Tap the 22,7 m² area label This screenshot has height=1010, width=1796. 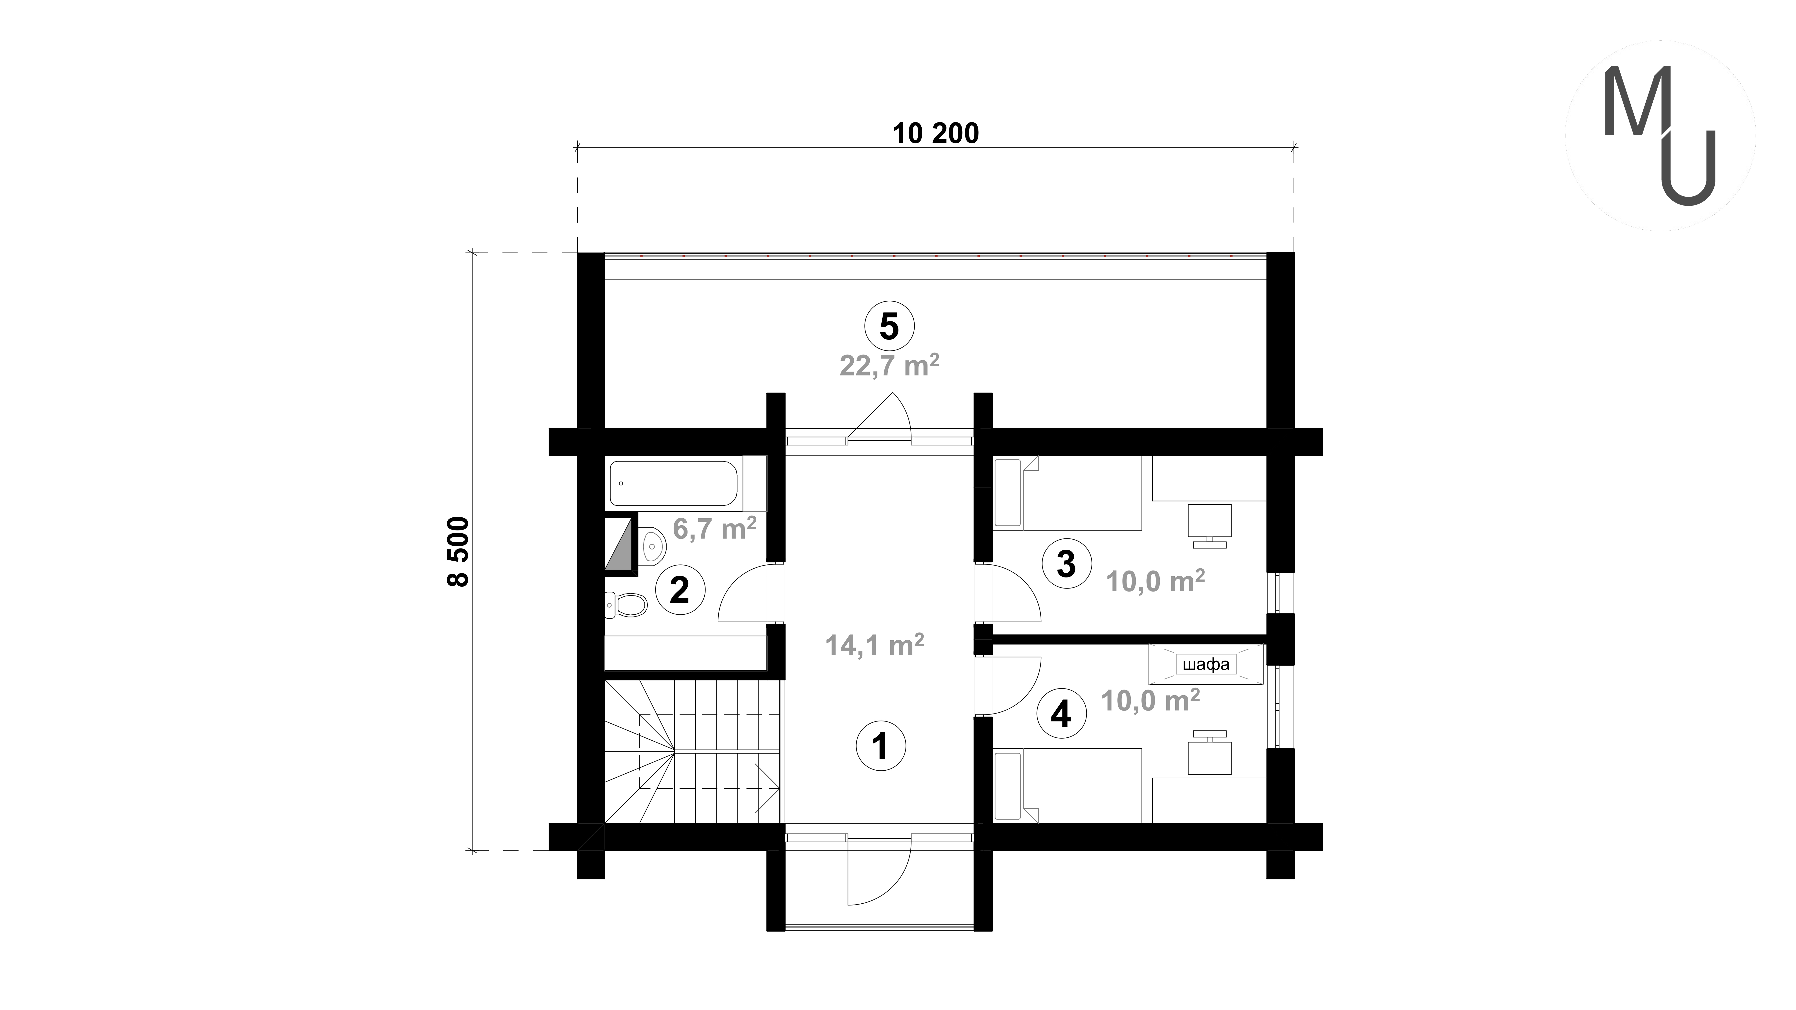[889, 364]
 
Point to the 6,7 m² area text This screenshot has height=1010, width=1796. [715, 528]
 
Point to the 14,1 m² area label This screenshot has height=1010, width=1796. [874, 646]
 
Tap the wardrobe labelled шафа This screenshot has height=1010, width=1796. [1206, 664]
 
